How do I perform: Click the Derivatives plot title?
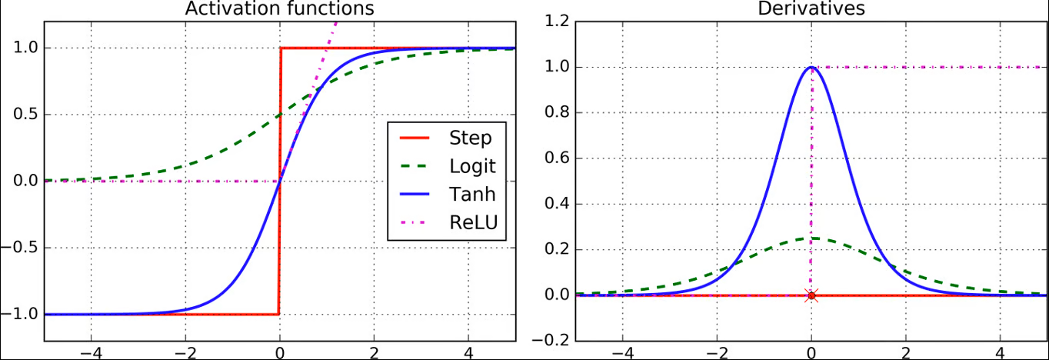811,8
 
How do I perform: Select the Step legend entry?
470,138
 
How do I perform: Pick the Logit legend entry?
472,166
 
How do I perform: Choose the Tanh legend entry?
472,194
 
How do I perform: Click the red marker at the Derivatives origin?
811,295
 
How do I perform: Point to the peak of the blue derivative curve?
811,67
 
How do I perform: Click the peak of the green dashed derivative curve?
811,238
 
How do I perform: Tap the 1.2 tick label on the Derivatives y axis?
555,22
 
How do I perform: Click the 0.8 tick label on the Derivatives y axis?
555,113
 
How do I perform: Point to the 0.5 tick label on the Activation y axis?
25,115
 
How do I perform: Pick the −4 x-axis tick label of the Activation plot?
86,353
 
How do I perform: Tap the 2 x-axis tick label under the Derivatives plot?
905,353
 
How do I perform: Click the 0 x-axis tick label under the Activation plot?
279,353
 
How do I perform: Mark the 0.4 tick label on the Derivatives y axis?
555,204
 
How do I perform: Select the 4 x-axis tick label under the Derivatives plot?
1000,353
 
